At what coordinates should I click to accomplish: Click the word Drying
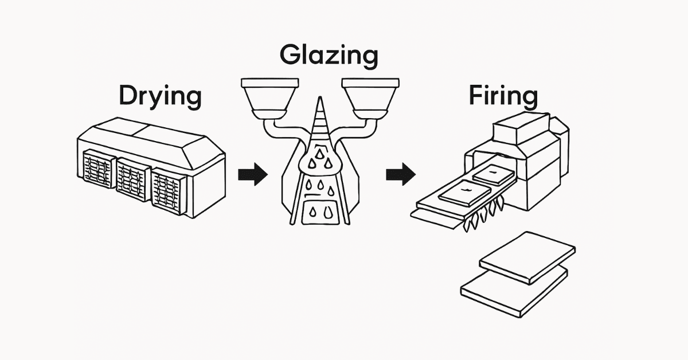(160, 97)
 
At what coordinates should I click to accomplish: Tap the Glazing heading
(329, 56)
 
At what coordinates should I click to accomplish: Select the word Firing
(503, 96)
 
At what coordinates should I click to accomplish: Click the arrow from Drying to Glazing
(252, 173)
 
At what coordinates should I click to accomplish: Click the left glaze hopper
(269, 95)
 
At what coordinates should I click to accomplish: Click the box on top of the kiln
(521, 130)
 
